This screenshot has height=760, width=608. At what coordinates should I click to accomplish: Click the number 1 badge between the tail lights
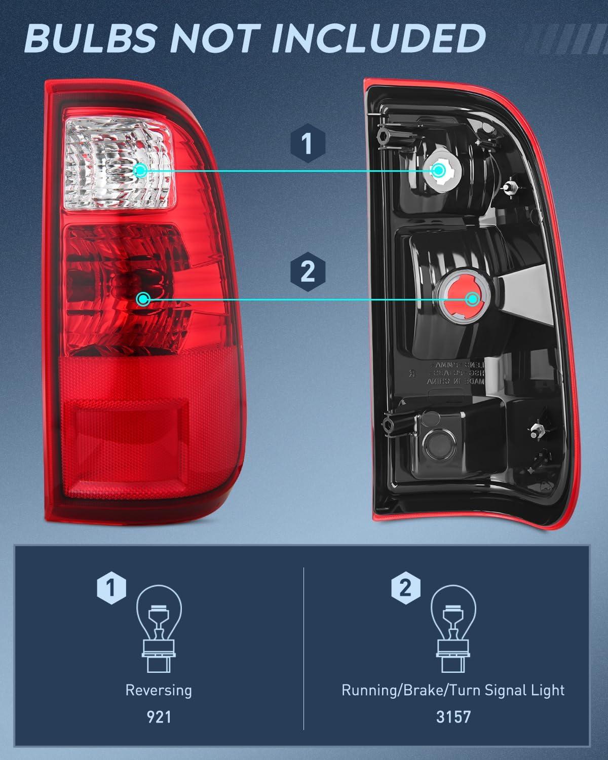(308, 144)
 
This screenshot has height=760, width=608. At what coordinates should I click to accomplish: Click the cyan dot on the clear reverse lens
(141, 170)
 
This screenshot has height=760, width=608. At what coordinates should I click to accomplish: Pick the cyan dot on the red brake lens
(143, 299)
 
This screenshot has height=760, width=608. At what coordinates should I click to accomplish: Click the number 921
(159, 717)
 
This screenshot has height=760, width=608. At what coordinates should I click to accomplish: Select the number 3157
(453, 717)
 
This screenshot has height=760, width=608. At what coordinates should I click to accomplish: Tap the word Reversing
(159, 690)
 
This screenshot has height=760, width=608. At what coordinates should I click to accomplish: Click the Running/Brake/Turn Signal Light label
(453, 690)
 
